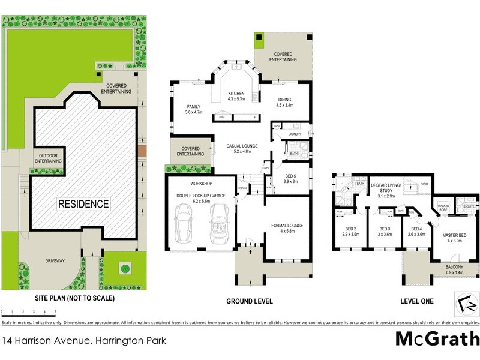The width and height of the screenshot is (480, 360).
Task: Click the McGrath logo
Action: point(437,339)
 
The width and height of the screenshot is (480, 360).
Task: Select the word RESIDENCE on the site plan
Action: point(83,204)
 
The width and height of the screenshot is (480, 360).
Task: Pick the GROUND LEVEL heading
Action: point(249,301)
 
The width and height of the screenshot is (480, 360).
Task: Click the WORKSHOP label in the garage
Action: point(202,183)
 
